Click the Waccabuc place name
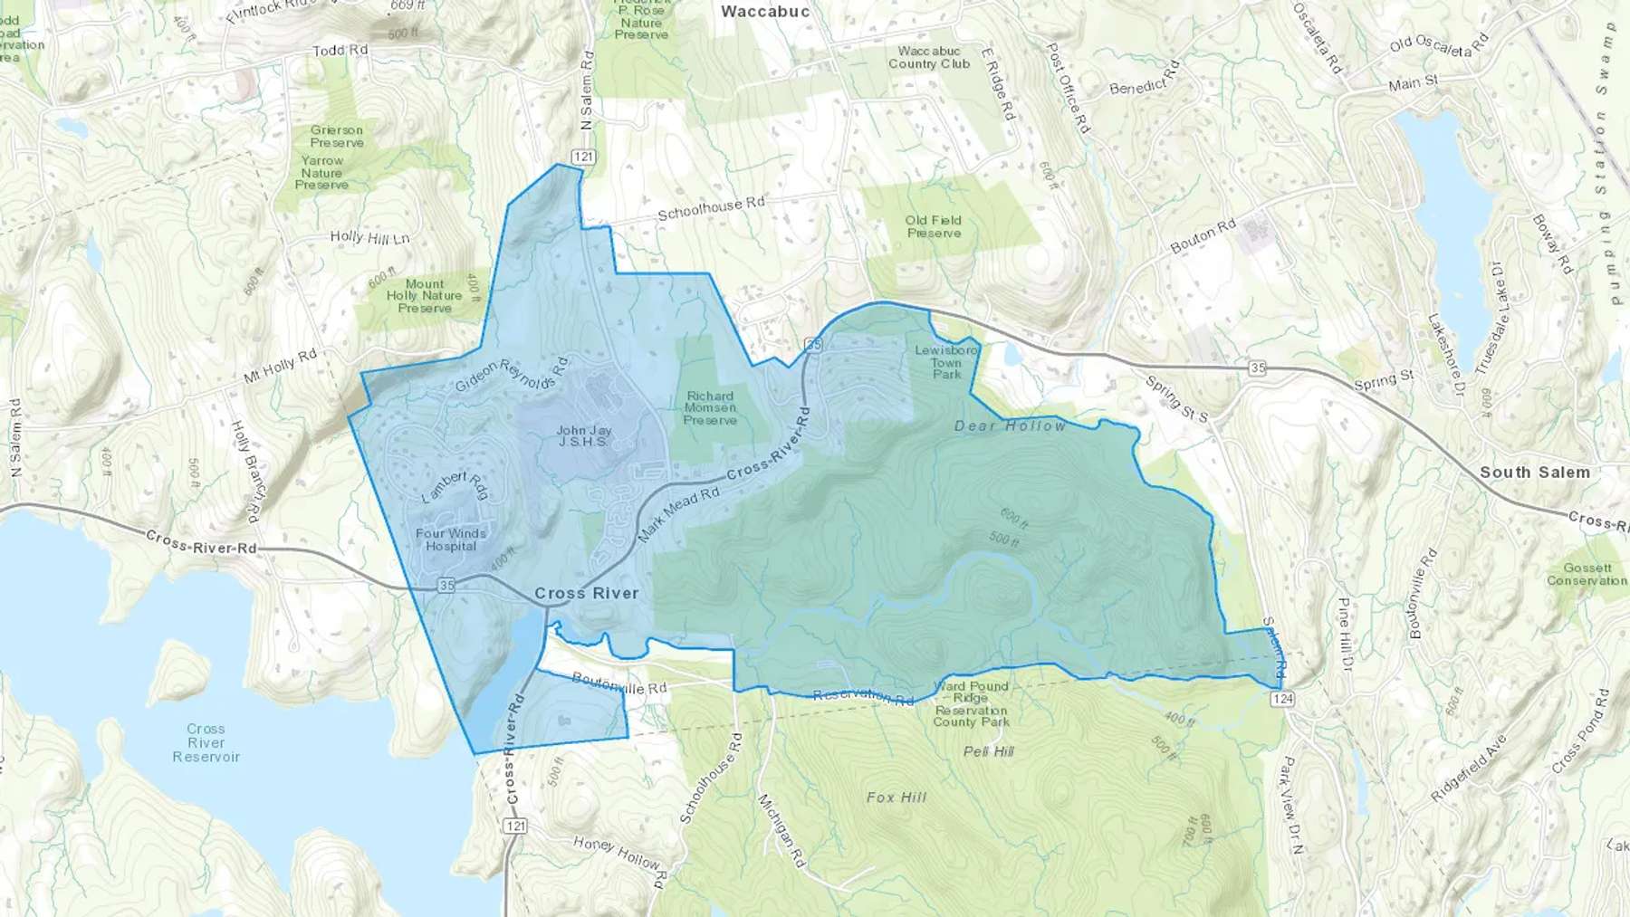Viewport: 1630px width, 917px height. (x=765, y=12)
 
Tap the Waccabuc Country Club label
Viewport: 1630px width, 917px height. (x=928, y=58)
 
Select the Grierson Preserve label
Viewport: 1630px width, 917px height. (x=337, y=136)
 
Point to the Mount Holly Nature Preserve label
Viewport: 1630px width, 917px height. (x=424, y=296)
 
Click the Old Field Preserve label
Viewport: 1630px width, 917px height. (x=933, y=226)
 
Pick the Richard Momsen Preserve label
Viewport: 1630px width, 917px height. (x=710, y=408)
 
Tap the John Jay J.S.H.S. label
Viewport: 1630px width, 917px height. (x=583, y=436)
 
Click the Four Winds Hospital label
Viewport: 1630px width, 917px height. (x=450, y=540)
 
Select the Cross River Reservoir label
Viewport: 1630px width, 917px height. (x=206, y=742)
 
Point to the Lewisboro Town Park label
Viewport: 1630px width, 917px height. (x=946, y=362)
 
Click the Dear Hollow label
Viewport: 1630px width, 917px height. (x=1010, y=425)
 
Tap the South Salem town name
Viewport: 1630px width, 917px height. (x=1534, y=473)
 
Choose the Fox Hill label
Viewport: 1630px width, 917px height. (x=896, y=798)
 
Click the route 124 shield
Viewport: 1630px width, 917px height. (x=1282, y=699)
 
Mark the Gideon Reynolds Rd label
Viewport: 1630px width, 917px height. (x=512, y=375)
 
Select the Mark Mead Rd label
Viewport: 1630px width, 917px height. (x=678, y=513)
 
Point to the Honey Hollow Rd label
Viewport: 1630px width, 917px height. (x=620, y=854)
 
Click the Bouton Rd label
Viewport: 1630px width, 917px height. (x=1203, y=237)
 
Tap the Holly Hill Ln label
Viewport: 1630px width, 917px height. (x=369, y=238)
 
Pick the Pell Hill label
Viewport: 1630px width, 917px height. (x=988, y=751)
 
